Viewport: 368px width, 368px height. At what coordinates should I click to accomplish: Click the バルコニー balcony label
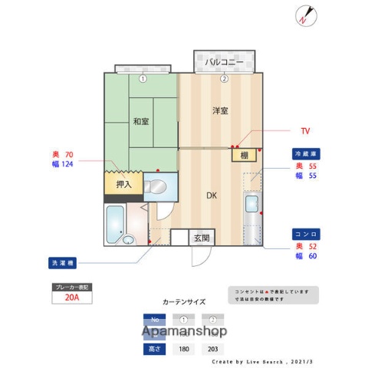click(x=223, y=61)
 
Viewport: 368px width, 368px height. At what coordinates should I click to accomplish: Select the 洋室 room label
click(x=221, y=111)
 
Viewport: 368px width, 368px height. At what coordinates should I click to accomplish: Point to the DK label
click(x=212, y=195)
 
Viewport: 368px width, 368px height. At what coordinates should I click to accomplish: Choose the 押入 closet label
click(x=123, y=184)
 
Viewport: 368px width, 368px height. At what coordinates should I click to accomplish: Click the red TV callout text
click(x=305, y=131)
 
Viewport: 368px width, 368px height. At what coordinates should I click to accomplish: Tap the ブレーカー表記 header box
click(x=71, y=287)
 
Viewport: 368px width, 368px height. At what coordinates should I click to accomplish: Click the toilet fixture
click(x=155, y=186)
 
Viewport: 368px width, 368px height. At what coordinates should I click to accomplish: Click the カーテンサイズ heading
click(x=184, y=302)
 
